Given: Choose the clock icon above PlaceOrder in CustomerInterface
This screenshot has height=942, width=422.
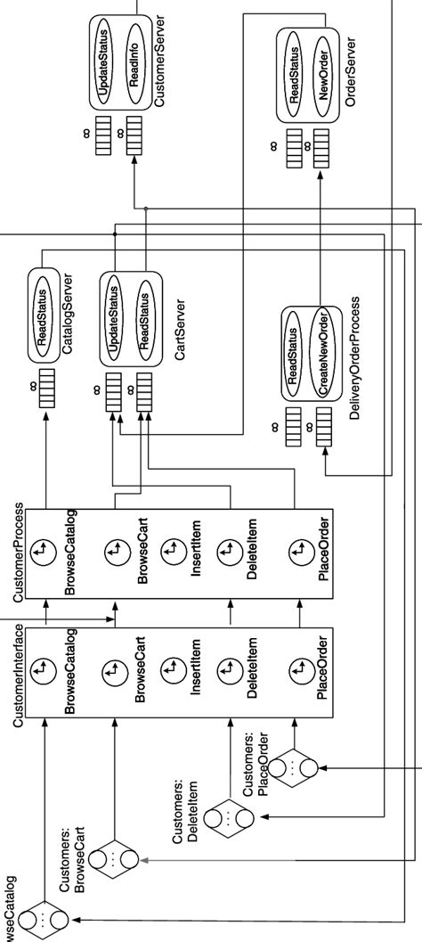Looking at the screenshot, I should click(x=296, y=668).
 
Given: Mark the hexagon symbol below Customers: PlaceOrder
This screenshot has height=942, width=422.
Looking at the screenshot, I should click(x=293, y=769).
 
